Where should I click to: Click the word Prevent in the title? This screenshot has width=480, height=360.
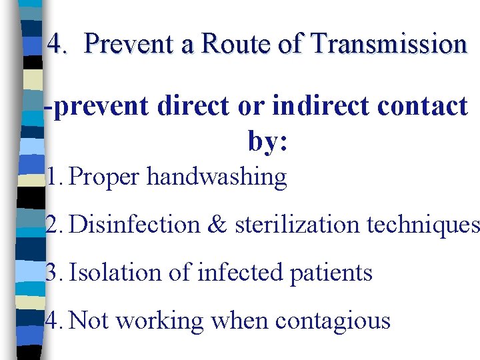click(x=129, y=45)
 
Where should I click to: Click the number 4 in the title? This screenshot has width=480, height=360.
click(x=55, y=45)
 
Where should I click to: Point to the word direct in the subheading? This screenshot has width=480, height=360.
click(x=193, y=107)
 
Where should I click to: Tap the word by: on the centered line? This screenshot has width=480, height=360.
click(x=267, y=141)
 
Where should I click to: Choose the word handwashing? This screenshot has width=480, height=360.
click(x=217, y=177)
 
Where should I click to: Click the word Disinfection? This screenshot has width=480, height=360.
click(x=134, y=225)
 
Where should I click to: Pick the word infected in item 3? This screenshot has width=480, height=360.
click(x=230, y=272)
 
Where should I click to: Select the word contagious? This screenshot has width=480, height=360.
click(x=333, y=321)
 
